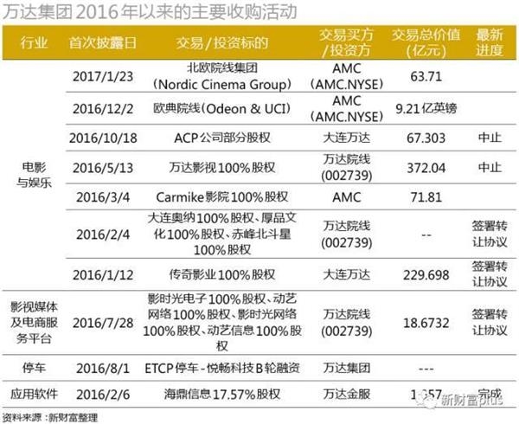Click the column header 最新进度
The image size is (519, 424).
pos(489,42)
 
